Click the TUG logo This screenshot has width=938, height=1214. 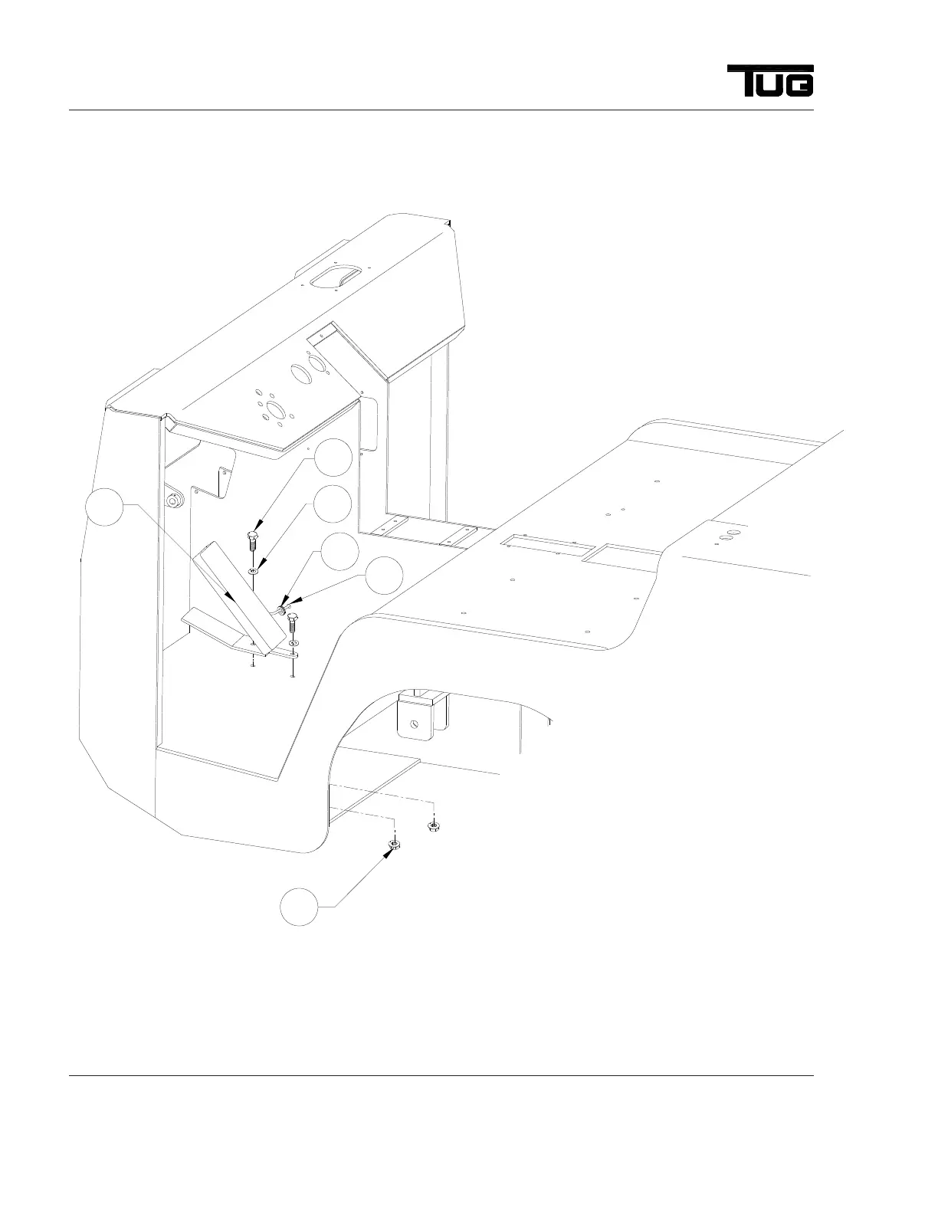[770, 80]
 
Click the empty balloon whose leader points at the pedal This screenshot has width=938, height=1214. [103, 508]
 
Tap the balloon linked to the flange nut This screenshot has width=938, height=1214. [298, 907]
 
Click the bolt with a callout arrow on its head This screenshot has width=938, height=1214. [253, 540]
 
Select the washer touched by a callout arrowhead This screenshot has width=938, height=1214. [254, 570]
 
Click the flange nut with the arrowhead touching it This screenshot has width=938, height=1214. [394, 845]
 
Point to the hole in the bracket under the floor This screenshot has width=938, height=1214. [414, 723]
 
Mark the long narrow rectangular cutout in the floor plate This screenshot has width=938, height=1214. [546, 547]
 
